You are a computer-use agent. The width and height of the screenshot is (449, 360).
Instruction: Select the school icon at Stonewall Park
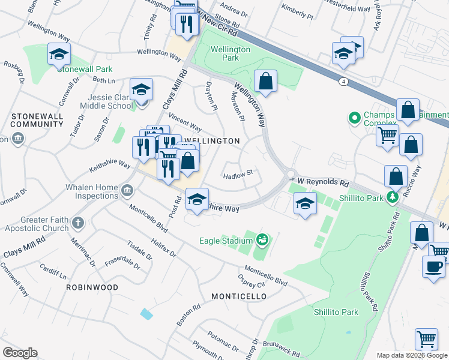pos(59,55)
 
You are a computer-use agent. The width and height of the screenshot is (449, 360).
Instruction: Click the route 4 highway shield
pos(343,82)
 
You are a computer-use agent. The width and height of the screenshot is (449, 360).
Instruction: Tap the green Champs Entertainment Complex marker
pos(354,117)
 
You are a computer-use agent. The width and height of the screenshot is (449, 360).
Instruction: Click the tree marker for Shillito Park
pos(393,197)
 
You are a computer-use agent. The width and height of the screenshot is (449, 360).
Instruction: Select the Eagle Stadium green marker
pos(261,241)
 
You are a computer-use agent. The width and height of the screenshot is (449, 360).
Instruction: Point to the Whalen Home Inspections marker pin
pos(127,191)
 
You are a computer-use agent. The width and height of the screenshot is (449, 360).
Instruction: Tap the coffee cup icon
pos(433,267)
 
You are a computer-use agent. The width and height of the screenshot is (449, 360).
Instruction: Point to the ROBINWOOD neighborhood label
pos(92,287)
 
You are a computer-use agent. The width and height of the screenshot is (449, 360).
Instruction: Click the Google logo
pos(20,353)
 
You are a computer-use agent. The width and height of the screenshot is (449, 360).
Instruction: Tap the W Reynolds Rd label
pos(324,181)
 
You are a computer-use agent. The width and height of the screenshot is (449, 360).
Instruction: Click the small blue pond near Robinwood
pos(146,313)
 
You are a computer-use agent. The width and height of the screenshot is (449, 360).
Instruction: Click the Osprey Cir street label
pos(252,285)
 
